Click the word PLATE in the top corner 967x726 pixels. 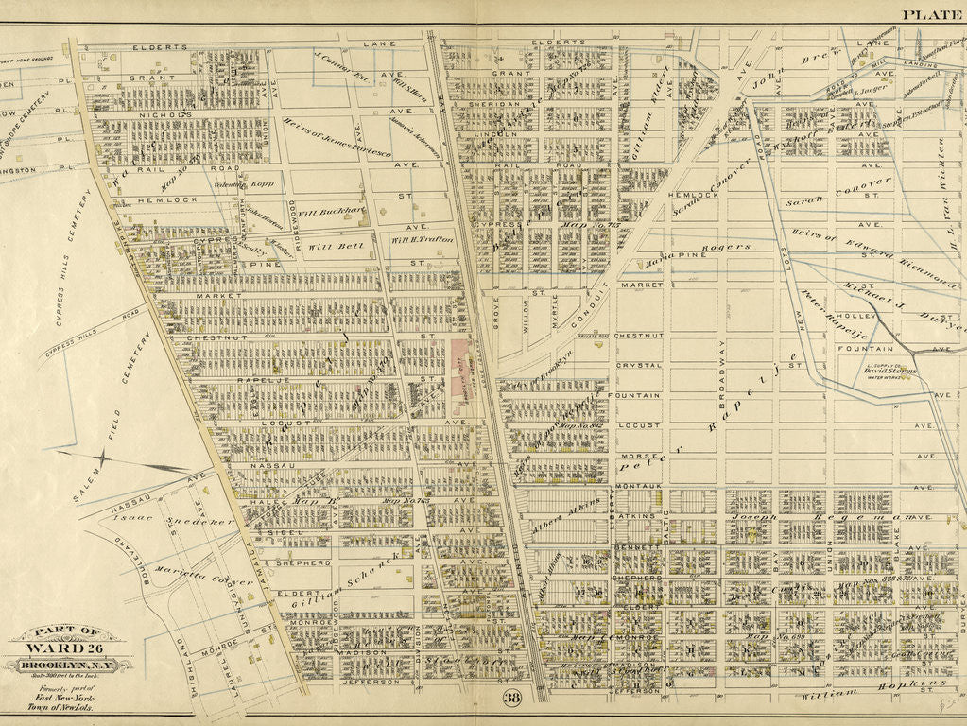931,13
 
